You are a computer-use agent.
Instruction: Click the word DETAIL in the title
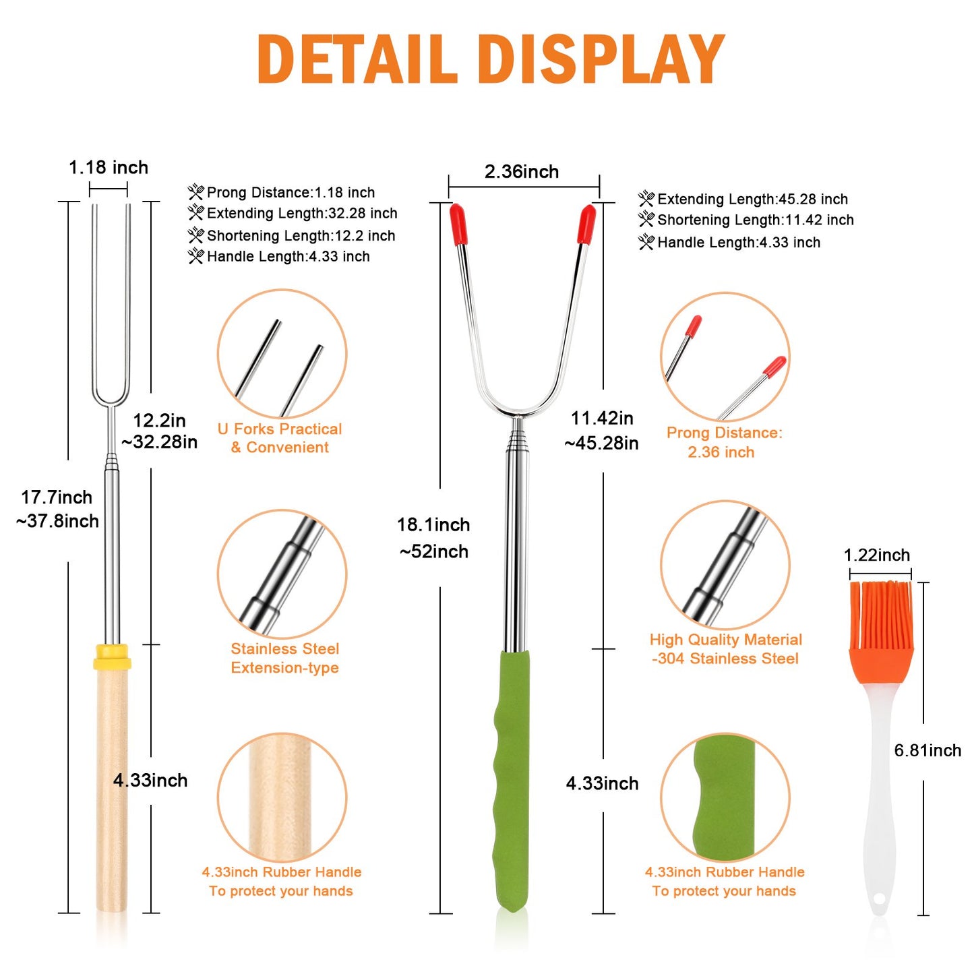357,59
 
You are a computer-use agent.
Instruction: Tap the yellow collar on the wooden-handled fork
112,657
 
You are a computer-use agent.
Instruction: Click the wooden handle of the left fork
112,791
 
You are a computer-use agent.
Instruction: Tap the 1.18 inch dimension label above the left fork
108,167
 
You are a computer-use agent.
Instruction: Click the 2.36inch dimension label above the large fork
522,172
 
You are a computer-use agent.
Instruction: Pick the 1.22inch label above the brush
877,555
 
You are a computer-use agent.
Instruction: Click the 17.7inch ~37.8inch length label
57,509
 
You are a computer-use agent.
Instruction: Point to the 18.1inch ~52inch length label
433,538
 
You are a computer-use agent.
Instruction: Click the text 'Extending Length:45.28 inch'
753,199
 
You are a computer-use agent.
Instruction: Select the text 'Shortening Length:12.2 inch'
301,235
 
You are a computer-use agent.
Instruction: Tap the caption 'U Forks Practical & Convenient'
280,438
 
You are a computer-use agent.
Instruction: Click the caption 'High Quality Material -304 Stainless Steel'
726,649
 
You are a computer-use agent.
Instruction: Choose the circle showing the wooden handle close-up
282,799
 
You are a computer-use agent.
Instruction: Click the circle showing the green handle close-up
725,799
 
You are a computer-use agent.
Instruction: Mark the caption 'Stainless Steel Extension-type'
284,658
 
